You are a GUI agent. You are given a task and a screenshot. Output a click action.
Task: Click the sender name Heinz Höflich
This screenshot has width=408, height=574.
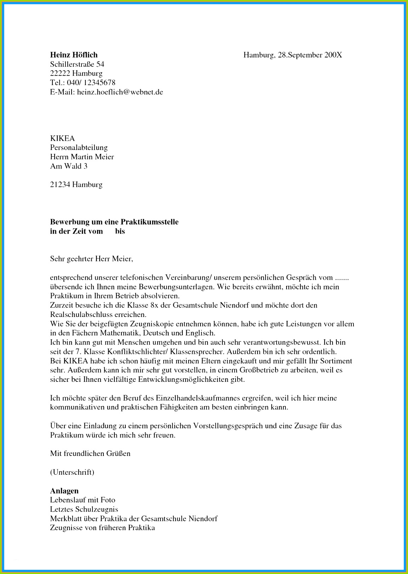tap(74, 55)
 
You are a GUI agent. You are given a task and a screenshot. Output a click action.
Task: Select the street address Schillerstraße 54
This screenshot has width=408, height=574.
tap(77, 64)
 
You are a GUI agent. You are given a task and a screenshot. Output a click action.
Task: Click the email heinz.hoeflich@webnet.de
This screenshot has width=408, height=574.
tap(120, 92)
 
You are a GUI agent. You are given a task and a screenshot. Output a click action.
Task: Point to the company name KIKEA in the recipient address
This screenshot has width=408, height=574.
tap(62, 138)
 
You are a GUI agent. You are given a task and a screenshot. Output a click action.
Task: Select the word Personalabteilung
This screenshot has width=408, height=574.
tap(79, 147)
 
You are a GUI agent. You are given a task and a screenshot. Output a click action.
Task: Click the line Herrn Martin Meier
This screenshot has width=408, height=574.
tap(82, 157)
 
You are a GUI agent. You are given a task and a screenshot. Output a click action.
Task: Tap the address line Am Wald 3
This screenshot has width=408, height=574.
tap(69, 166)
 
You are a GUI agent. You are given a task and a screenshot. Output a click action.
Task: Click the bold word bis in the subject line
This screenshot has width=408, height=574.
tap(120, 232)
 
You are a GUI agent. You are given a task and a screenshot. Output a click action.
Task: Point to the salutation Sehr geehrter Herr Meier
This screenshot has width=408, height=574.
tap(91, 259)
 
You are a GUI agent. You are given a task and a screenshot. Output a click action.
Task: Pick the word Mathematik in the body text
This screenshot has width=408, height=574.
tap(121, 333)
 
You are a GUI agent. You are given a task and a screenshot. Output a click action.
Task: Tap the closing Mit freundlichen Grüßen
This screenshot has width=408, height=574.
tap(90, 453)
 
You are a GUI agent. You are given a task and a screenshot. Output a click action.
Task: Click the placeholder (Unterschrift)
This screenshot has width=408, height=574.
tap(72, 472)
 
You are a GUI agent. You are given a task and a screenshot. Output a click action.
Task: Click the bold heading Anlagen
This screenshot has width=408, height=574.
tap(64, 491)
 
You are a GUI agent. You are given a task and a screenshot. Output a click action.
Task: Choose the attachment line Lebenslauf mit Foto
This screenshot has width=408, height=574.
tap(83, 500)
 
